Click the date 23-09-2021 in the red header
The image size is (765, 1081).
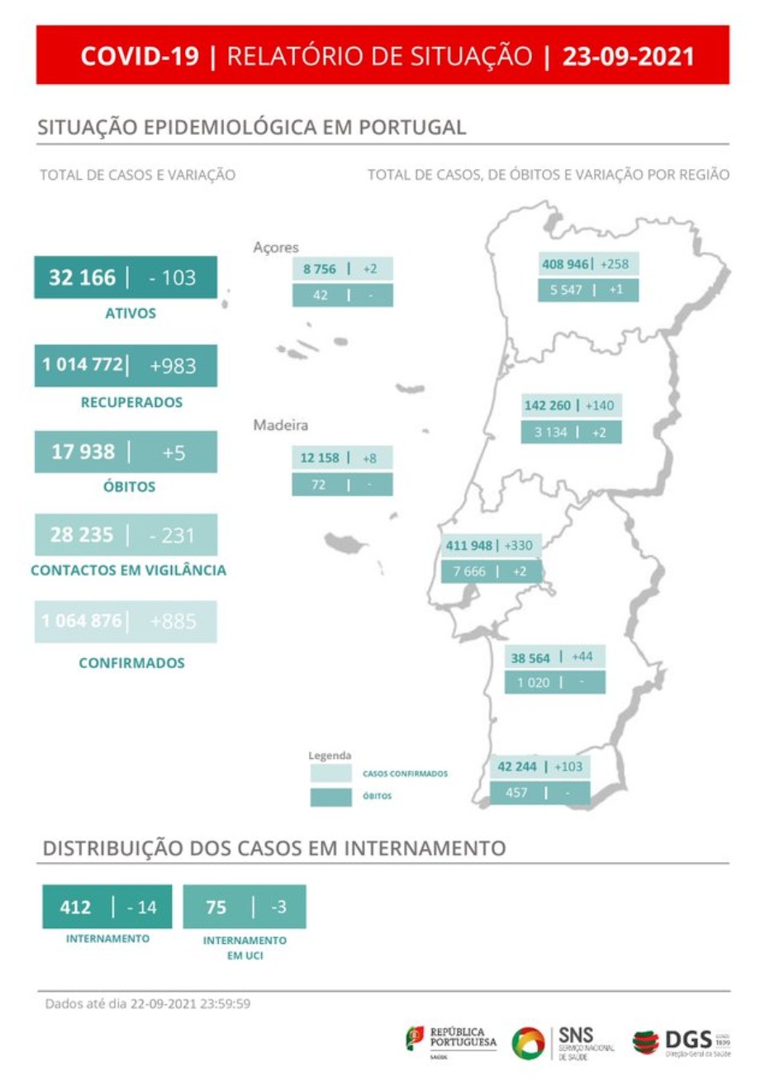628,56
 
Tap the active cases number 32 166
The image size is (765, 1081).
82,277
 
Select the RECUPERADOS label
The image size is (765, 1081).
131,402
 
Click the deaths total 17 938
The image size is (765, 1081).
83,452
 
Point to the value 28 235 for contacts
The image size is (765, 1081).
81,534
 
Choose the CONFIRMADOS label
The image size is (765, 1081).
131,662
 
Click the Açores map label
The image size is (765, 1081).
276,247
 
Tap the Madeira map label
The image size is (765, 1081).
280,425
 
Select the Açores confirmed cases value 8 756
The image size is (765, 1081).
320,269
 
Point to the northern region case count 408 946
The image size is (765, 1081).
565,264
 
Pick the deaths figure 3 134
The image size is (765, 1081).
550,432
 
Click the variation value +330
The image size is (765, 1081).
519,546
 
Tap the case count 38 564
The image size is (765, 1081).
530,658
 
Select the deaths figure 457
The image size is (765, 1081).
516,792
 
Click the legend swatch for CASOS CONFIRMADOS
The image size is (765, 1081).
330,774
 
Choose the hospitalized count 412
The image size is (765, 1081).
75,907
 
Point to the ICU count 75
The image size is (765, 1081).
216,907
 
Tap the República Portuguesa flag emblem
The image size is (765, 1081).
415,1038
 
